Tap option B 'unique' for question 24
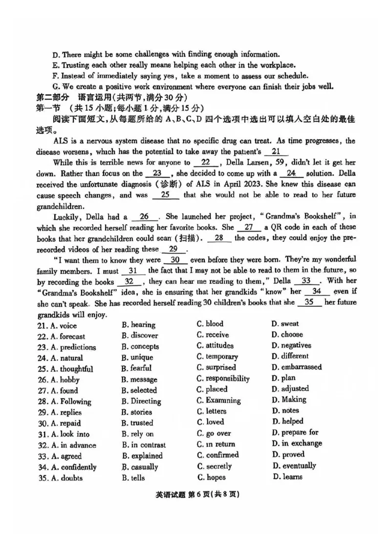coord(137,358)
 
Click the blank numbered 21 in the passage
coord(276,152)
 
